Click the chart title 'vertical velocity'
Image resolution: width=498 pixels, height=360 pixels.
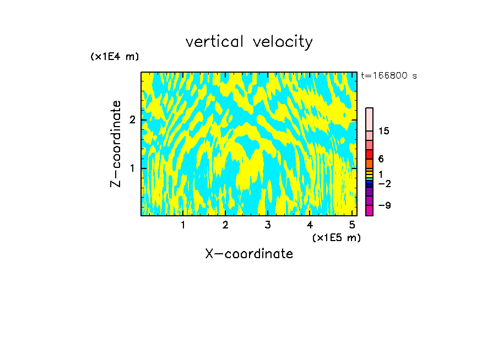(249, 42)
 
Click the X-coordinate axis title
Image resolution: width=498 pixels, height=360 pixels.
(249, 254)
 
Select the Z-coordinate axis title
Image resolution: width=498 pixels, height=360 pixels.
(116, 144)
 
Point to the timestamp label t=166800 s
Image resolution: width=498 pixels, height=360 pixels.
(389, 76)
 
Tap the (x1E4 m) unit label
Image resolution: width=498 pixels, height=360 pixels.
(115, 57)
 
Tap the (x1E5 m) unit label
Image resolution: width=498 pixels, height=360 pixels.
(336, 237)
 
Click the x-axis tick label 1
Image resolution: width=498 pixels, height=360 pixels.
(183, 225)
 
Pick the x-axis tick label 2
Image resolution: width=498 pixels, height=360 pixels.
(225, 225)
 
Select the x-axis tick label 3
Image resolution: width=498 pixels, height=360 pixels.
(267, 225)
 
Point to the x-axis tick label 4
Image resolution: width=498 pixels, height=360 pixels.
(310, 225)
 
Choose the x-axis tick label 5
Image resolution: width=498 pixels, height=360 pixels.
(351, 225)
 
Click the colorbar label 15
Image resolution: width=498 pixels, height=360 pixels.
(384, 131)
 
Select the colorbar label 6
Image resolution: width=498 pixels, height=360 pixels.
(381, 159)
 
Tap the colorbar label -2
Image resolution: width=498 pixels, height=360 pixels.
(384, 183)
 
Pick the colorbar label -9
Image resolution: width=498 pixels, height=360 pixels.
(384, 205)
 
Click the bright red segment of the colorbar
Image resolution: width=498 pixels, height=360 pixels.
(369, 154)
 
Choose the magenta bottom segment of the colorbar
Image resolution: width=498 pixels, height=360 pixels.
(369, 210)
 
